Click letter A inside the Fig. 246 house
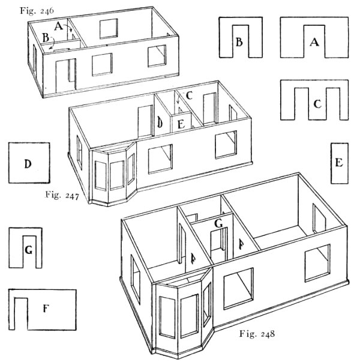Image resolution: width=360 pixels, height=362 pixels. point(58,26)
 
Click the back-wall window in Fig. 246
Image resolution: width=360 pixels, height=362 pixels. point(109,29)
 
